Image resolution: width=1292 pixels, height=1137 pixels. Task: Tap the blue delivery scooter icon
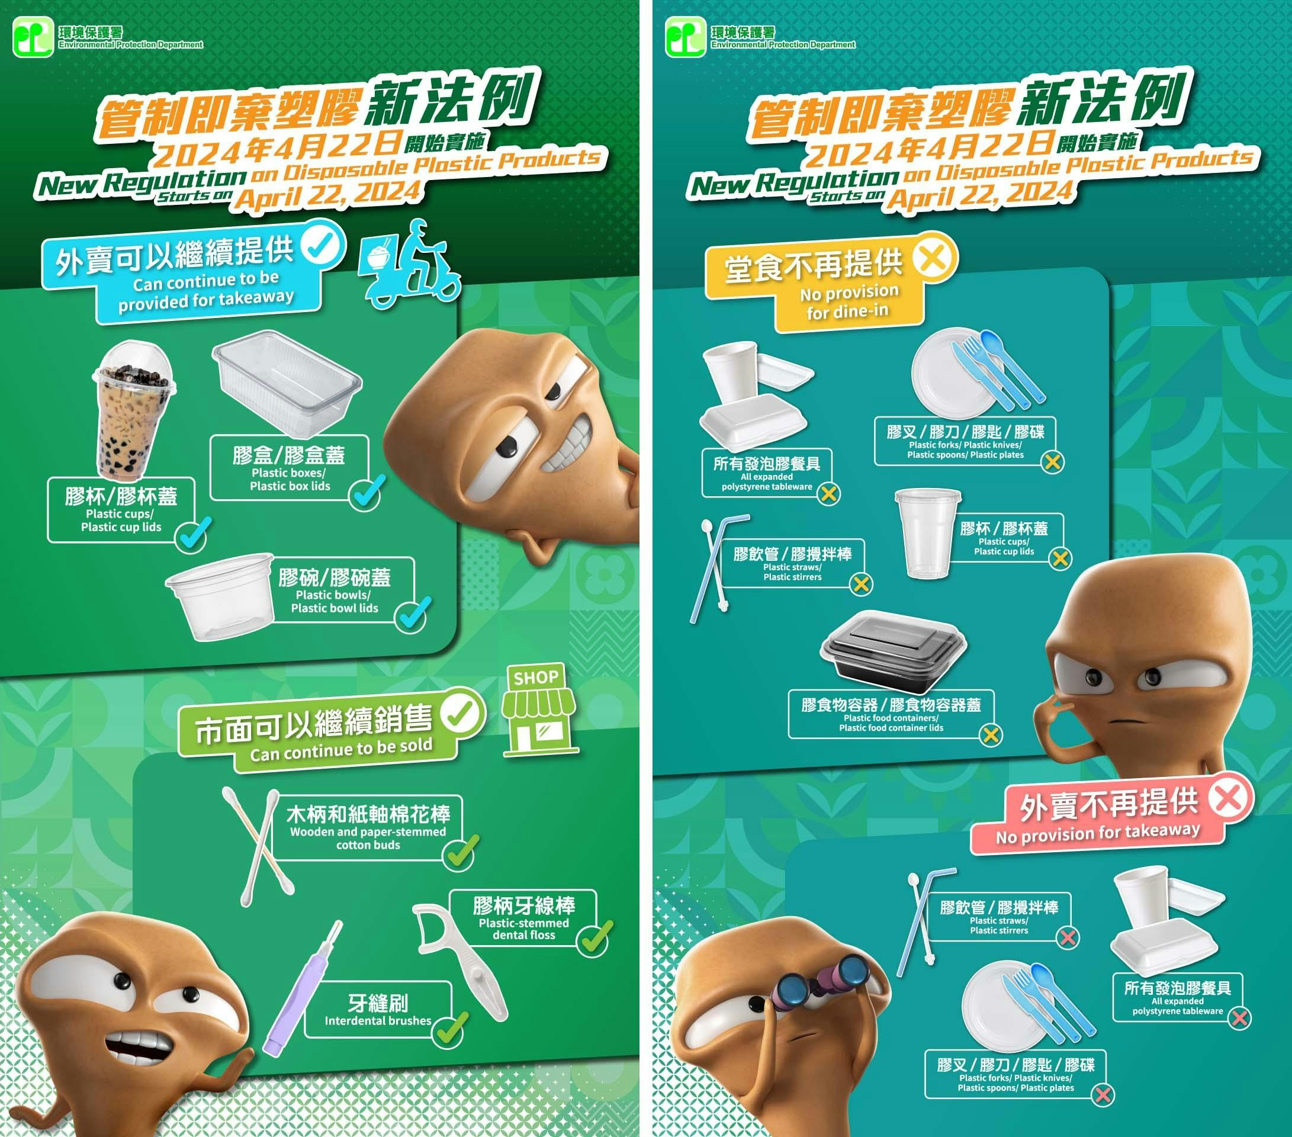coord(410,265)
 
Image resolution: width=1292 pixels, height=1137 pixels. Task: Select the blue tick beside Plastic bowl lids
coord(413,614)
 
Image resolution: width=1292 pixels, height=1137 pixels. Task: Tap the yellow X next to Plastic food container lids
coord(991,735)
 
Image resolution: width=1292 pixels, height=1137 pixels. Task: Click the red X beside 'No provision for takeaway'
coord(1230,798)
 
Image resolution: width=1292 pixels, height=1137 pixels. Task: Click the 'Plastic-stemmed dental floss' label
coord(523,929)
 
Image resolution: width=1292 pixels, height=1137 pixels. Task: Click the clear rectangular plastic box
coord(287,383)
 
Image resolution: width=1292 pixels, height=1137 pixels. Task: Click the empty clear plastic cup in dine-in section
coord(927,533)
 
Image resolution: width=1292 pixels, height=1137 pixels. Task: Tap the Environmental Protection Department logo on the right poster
coord(685,37)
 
